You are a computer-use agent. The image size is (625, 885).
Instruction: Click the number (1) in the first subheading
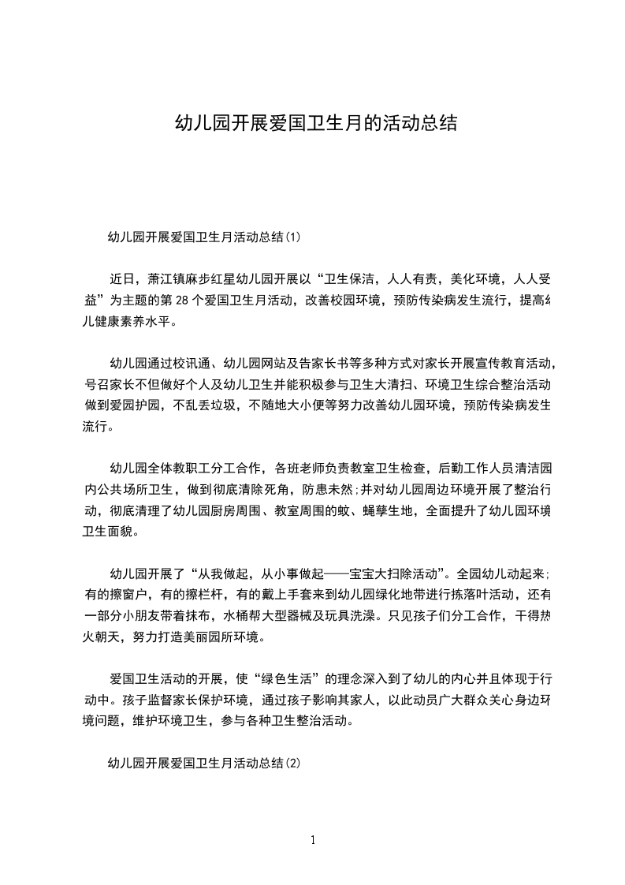tap(292, 236)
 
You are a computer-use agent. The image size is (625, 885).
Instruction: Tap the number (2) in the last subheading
tap(292, 763)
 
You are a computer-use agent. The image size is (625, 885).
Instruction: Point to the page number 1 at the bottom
tap(313, 840)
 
